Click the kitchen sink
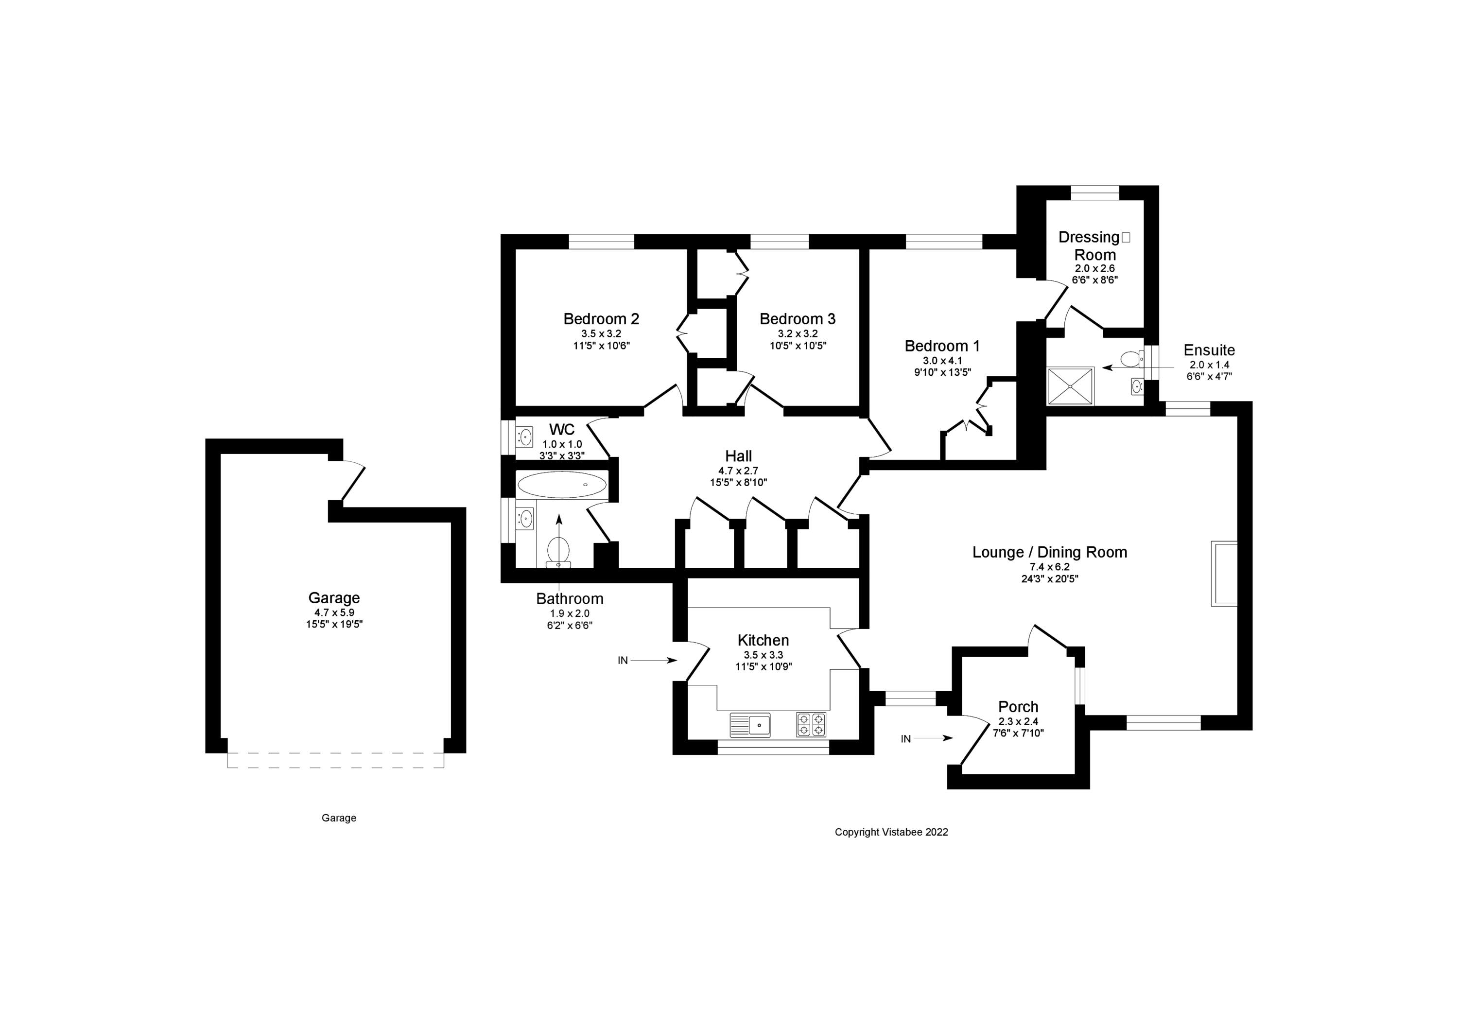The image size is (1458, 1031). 750,725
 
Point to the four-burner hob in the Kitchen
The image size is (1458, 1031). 812,725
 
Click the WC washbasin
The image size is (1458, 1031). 524,437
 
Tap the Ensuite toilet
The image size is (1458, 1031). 1131,360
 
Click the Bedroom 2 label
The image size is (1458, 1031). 601,319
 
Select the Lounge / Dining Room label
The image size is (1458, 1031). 1050,552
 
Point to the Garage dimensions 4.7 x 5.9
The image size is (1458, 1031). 334,612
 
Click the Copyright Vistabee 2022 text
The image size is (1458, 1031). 891,832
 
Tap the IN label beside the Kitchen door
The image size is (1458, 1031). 622,661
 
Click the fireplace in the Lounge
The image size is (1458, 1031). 1224,574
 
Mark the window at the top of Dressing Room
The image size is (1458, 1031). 1095,192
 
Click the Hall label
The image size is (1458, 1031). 739,456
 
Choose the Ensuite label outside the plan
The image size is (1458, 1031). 1209,350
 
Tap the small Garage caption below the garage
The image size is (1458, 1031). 338,818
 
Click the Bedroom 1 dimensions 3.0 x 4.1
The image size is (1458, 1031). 942,361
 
